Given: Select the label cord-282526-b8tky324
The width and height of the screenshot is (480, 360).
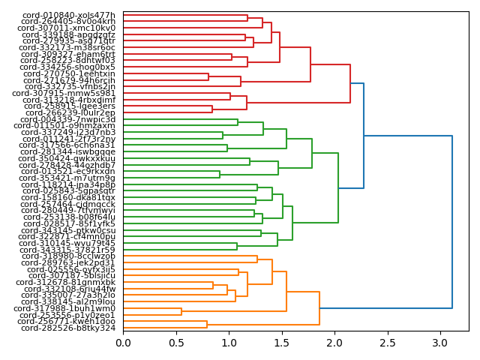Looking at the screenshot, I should pyautogui.click(x=68, y=328).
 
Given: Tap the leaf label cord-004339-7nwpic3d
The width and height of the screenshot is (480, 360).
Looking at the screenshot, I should pyautogui.click(x=68, y=119).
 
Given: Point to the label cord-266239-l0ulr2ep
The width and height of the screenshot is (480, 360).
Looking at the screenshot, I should pyautogui.click(x=68, y=112).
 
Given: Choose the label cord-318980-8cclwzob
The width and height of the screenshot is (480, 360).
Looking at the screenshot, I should pyautogui.click(x=68, y=256).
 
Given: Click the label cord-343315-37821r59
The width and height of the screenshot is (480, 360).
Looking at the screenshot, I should pyautogui.click(x=68, y=250).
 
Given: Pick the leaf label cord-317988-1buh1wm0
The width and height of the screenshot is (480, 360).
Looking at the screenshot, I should pyautogui.click(x=68, y=308).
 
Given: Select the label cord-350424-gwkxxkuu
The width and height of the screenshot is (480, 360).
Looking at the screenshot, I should pyautogui.click(x=68, y=158).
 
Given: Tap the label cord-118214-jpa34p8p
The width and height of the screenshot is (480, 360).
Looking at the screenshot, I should pyautogui.click(x=68, y=184).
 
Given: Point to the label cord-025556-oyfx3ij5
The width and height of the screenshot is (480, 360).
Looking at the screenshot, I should pyautogui.click(x=68, y=269).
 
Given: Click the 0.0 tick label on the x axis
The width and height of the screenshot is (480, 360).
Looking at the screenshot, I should pyautogui.click(x=123, y=343).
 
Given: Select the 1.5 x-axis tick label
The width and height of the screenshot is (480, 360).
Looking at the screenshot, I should pyautogui.click(x=281, y=343).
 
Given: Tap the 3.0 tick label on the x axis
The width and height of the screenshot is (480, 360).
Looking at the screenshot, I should pyautogui.click(x=439, y=343).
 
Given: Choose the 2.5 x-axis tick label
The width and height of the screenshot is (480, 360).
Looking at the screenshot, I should pyautogui.click(x=387, y=343).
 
